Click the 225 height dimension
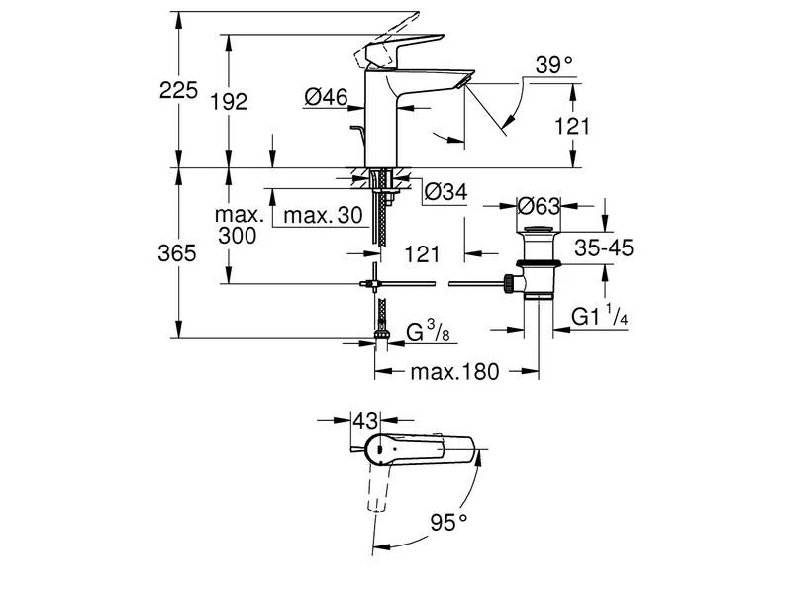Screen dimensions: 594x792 [177, 91]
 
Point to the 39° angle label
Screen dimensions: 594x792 [554, 65]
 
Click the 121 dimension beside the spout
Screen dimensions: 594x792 [572, 126]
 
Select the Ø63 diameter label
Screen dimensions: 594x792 [541, 205]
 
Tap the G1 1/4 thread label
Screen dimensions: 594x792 [600, 317]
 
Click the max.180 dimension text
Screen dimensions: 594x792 [455, 372]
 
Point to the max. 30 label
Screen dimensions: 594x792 [318, 215]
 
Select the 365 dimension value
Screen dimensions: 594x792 [177, 253]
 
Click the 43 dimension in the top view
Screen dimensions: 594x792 [365, 421]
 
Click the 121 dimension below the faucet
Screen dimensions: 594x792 [422, 255]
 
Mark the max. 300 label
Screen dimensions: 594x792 [240, 225]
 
